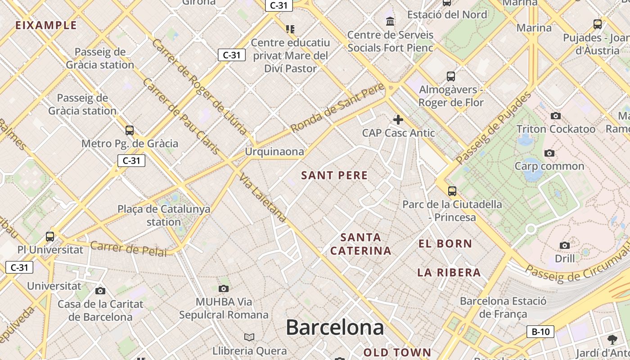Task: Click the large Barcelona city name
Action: (x=335, y=327)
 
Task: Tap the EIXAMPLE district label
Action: (x=46, y=25)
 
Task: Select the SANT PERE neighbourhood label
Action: (x=334, y=175)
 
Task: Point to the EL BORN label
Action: (x=445, y=244)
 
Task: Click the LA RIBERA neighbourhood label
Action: (x=449, y=272)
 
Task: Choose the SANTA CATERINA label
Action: (x=360, y=244)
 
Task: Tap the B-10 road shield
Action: (x=540, y=332)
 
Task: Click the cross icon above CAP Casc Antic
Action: (x=398, y=120)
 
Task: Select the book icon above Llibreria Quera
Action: (x=249, y=337)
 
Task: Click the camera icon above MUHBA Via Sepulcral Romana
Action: (x=223, y=288)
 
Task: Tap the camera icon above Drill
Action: (x=564, y=245)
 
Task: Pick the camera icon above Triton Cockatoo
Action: (x=555, y=116)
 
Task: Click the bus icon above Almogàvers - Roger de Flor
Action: (x=450, y=76)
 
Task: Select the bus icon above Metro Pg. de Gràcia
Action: (x=130, y=130)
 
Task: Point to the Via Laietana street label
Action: (x=263, y=198)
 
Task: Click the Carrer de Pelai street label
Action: (x=128, y=248)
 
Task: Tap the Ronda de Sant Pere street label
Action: (x=337, y=108)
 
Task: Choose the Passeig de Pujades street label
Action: (x=493, y=128)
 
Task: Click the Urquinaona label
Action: (x=274, y=152)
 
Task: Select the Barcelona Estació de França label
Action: (x=503, y=307)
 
